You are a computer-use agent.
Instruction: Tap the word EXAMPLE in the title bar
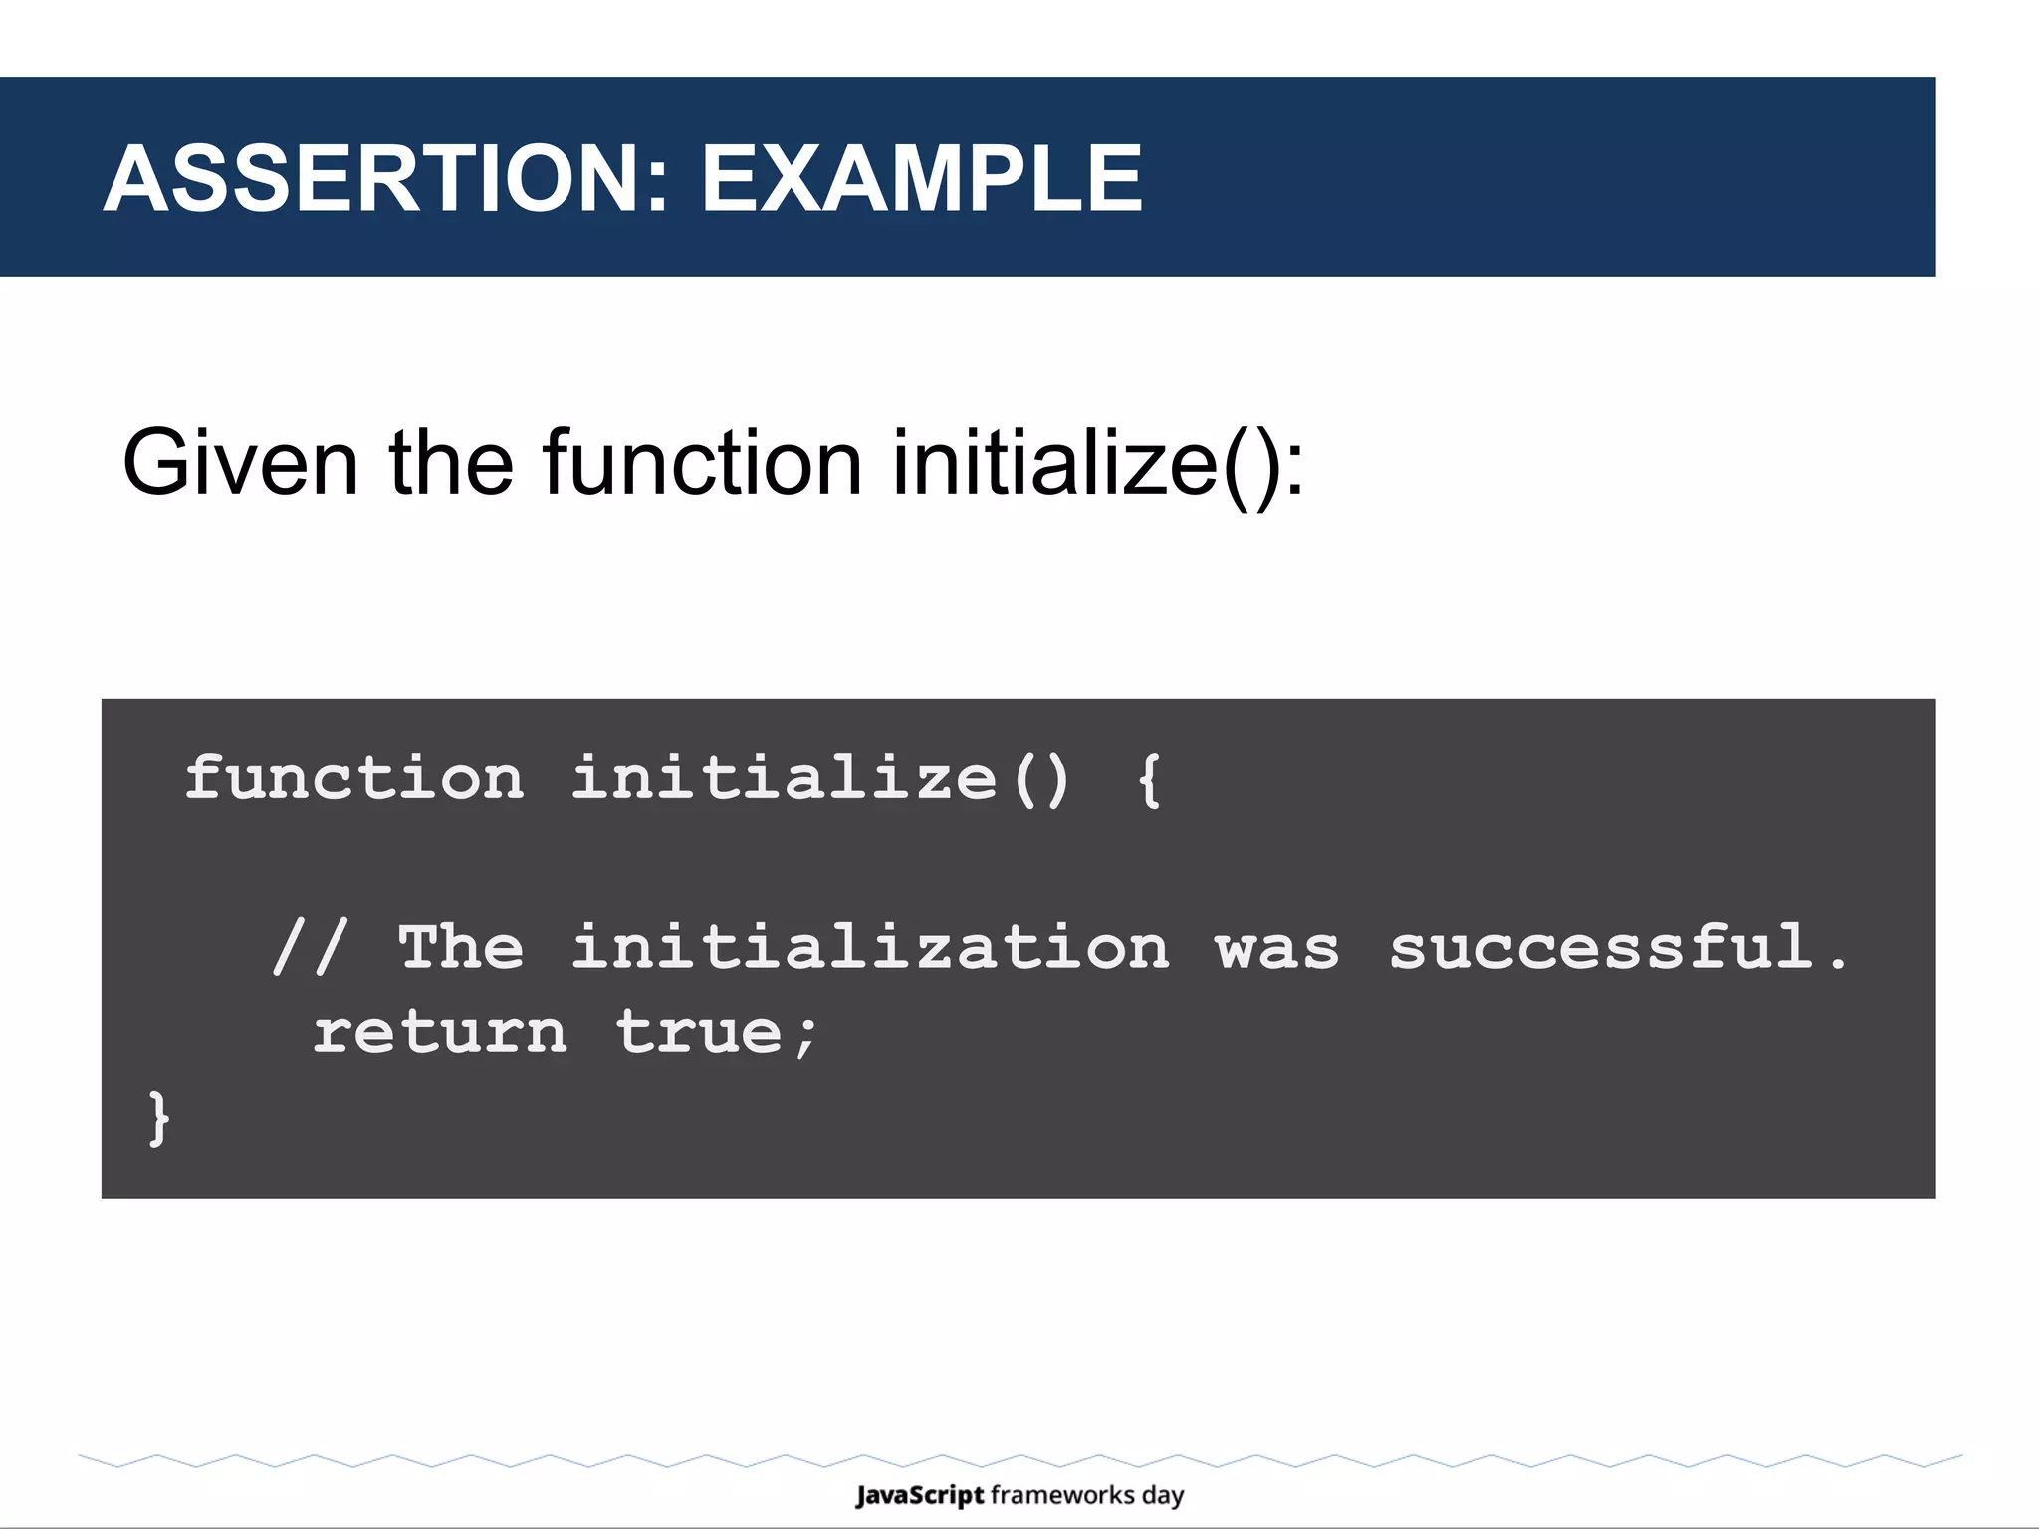pos(921,179)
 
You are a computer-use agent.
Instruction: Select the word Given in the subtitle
pos(240,463)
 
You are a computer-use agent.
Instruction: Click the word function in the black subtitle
pos(702,463)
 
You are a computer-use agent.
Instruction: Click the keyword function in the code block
pos(354,777)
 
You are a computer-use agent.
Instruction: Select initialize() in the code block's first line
pos(821,777)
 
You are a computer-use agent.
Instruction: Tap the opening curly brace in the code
pos(1149,779)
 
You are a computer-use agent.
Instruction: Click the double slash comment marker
pos(311,946)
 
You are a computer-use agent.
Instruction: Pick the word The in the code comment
pos(461,946)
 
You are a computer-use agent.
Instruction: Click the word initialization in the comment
pos(870,946)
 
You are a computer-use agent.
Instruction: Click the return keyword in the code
pos(440,1032)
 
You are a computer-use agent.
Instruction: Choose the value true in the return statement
pos(700,1032)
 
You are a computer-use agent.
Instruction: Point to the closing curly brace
pos(158,1118)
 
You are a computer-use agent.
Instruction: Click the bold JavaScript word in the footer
pos(920,1495)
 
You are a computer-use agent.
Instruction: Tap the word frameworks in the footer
pos(1062,1495)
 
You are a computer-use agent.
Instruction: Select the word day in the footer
pos(1163,1496)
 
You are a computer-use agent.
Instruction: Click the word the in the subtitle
pos(450,463)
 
